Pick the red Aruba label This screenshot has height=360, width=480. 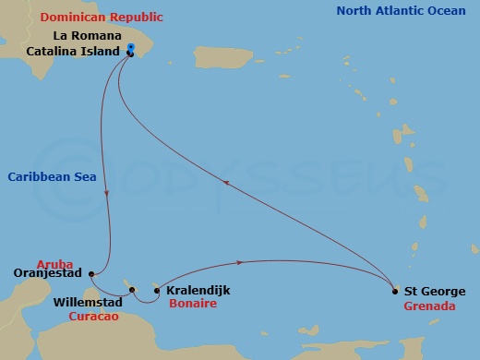[x=54, y=262]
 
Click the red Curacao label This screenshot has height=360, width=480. [x=95, y=315]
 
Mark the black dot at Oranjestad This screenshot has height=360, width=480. [x=90, y=273]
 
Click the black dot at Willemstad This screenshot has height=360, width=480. [x=132, y=291]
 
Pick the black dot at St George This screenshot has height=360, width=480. [x=395, y=291]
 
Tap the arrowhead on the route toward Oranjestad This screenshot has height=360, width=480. [x=109, y=193]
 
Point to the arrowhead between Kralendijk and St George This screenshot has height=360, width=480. [x=241, y=262]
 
